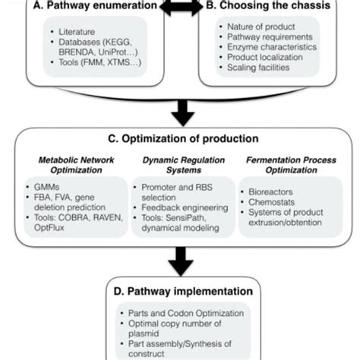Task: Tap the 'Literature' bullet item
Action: (77, 33)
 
